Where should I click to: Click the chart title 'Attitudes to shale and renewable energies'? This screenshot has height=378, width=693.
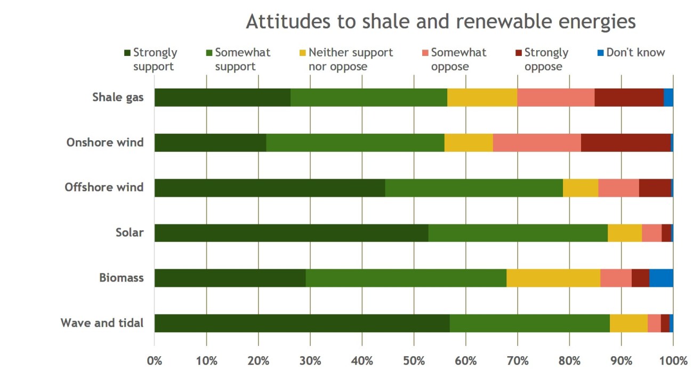pyautogui.click(x=440, y=22)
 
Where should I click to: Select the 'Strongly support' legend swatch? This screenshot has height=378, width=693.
pyautogui.click(x=127, y=53)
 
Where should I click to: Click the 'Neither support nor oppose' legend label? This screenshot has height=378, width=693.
pyautogui.click(x=350, y=59)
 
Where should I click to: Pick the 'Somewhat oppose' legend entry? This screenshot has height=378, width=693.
pyautogui.click(x=458, y=59)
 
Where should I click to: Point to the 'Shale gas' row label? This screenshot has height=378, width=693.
pyautogui.click(x=118, y=98)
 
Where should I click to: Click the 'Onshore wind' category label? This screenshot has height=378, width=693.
pyautogui.click(x=105, y=142)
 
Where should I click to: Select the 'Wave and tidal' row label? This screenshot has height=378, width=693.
pyautogui.click(x=102, y=323)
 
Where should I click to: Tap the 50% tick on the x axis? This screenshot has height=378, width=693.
pyautogui.click(x=414, y=360)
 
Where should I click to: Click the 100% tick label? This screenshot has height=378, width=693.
pyautogui.click(x=673, y=360)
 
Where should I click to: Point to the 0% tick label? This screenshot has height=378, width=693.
pyautogui.click(x=155, y=360)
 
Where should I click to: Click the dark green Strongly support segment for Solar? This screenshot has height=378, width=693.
pyautogui.click(x=291, y=233)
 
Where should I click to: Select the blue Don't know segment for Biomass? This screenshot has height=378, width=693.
pyautogui.click(x=661, y=278)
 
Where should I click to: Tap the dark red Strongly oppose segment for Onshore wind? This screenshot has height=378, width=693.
pyautogui.click(x=625, y=143)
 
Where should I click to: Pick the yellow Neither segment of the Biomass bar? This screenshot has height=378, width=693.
pyautogui.click(x=553, y=278)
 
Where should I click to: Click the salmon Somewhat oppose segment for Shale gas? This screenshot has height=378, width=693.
pyautogui.click(x=555, y=98)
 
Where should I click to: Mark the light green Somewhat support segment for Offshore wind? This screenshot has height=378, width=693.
pyautogui.click(x=474, y=188)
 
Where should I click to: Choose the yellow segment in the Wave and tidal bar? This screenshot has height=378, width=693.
pyautogui.click(x=628, y=323)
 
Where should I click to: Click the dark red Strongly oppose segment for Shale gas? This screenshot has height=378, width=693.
pyautogui.click(x=628, y=98)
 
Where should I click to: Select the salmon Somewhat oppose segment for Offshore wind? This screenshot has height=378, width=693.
pyautogui.click(x=618, y=188)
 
